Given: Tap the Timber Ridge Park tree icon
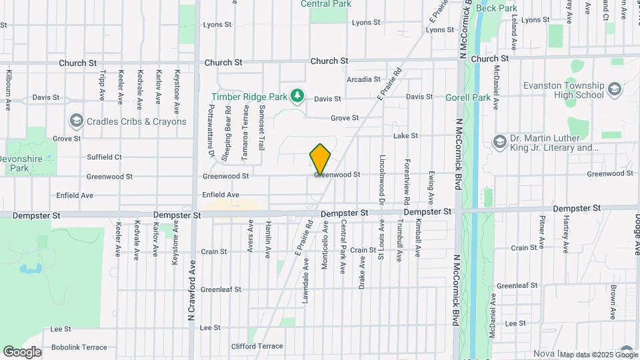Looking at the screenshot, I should click(298, 97).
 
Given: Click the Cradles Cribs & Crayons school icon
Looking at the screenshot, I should click(76, 121).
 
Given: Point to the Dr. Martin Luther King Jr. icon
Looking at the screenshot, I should click(499, 142).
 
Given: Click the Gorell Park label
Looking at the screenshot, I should click(468, 97).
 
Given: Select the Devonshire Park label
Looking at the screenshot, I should click(19, 165).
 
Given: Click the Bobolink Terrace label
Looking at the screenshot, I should click(79, 347).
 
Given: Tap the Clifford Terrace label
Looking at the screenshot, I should click(257, 346).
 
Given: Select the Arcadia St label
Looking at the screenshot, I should click(363, 79).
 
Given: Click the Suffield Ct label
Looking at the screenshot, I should click(104, 157).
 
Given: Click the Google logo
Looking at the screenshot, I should click(22, 352).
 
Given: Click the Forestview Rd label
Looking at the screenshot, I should click(407, 181).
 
